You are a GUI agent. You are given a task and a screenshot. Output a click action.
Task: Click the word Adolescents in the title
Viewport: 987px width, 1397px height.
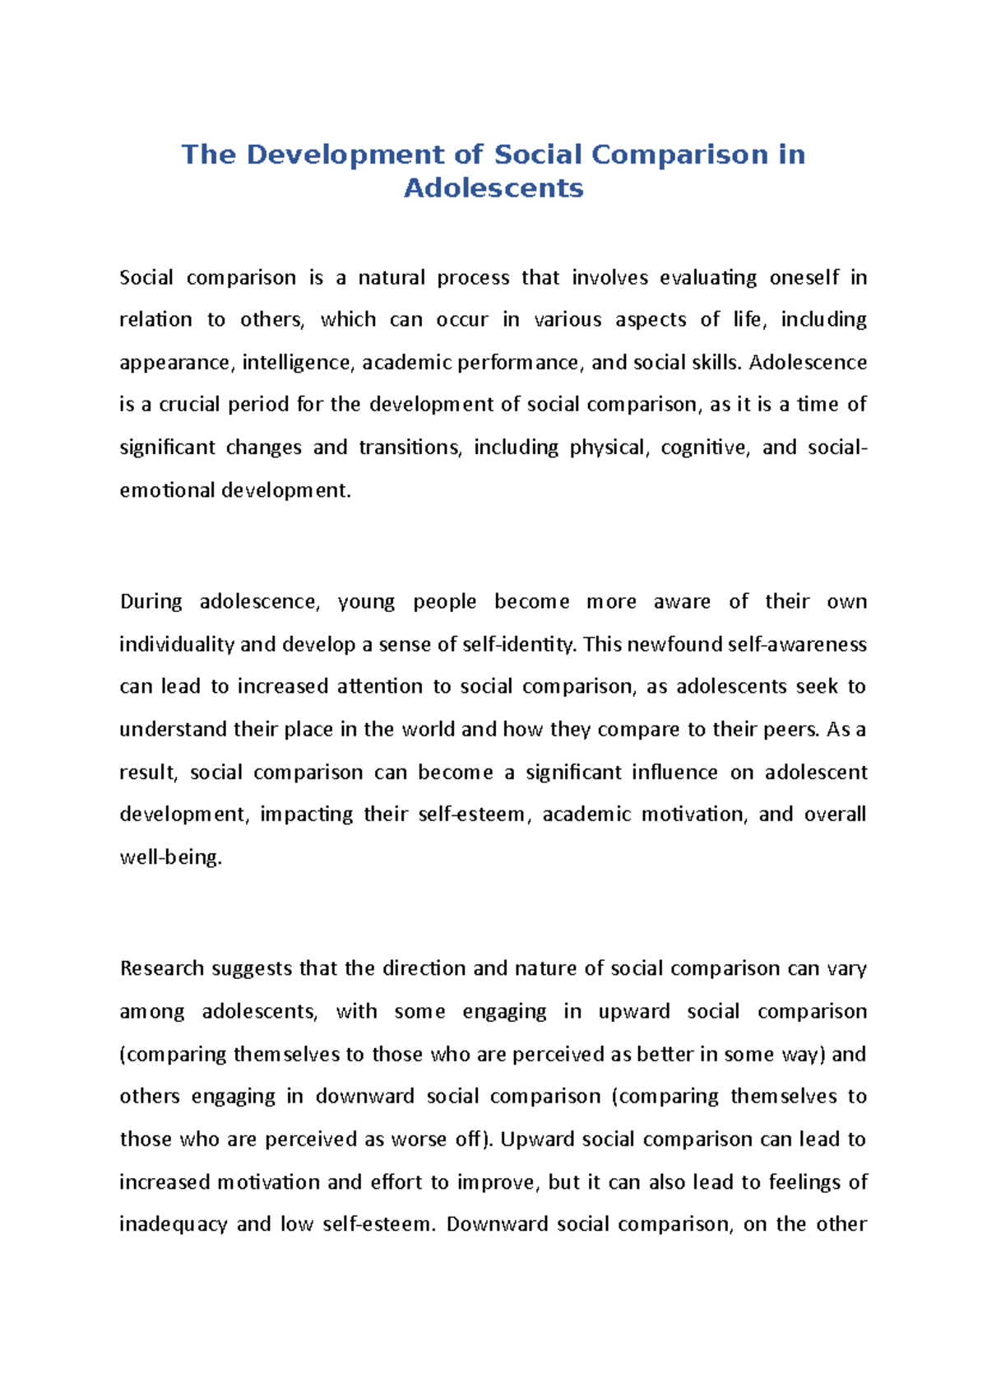(x=493, y=188)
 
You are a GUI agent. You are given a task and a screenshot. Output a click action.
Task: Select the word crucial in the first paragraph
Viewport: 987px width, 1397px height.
(x=190, y=405)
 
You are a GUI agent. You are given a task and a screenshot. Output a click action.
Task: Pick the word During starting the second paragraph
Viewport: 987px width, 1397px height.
(x=151, y=601)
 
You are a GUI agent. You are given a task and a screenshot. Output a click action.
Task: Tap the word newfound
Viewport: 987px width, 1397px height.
(x=674, y=644)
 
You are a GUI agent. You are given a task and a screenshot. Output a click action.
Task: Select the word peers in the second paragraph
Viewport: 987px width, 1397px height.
(x=792, y=730)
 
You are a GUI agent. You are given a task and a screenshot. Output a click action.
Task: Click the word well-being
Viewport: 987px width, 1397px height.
(x=170, y=857)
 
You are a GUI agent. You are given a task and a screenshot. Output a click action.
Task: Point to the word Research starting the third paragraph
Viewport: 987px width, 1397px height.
(x=161, y=968)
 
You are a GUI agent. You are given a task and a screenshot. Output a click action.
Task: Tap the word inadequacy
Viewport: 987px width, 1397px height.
(x=173, y=1224)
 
